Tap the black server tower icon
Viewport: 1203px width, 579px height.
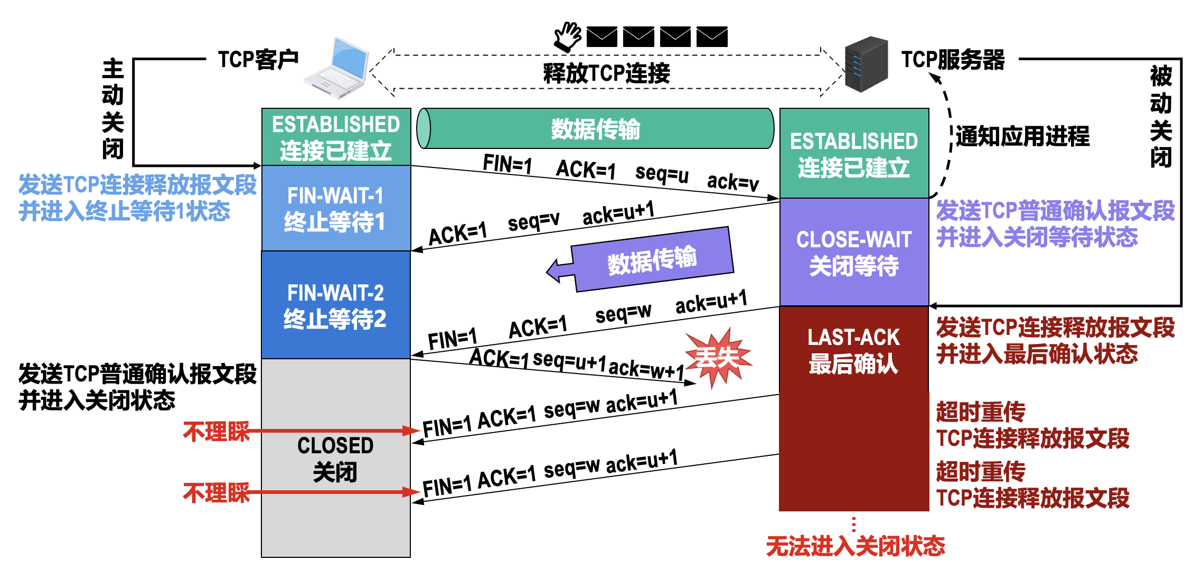[866, 64]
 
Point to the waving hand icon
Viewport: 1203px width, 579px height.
[568, 36]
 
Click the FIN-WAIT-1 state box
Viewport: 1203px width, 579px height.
[336, 208]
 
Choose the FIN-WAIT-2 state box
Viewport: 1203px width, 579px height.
[336, 305]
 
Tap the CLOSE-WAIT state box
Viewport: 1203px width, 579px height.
[854, 252]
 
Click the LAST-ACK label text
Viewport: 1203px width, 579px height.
[853, 337]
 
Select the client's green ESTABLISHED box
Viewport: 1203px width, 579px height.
[336, 137]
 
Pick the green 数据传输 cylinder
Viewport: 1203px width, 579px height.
[595, 128]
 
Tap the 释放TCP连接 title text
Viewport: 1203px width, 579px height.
[606, 73]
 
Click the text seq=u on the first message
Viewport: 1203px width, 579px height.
[662, 174]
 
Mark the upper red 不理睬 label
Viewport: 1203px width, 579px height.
[216, 432]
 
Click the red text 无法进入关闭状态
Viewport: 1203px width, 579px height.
[856, 546]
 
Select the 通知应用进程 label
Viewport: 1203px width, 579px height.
[1022, 136]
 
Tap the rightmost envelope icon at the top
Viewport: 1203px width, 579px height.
[712, 36]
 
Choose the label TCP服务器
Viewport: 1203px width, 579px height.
[953, 60]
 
